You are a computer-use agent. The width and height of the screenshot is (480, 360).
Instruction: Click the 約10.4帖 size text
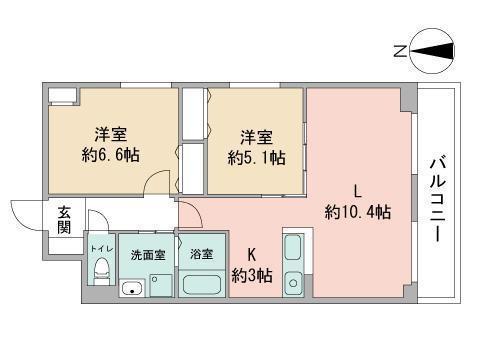pyautogui.click(x=356, y=211)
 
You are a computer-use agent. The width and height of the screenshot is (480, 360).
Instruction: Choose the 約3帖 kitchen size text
pyautogui.click(x=251, y=275)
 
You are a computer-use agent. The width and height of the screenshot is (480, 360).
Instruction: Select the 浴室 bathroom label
pyautogui.click(x=202, y=254)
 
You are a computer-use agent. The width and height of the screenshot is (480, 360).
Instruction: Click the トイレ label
pyautogui.click(x=100, y=247)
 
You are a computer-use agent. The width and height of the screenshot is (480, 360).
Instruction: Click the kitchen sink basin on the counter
pyautogui.click(x=293, y=248)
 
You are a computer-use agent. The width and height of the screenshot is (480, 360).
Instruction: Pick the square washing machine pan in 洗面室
pyautogui.click(x=159, y=284)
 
